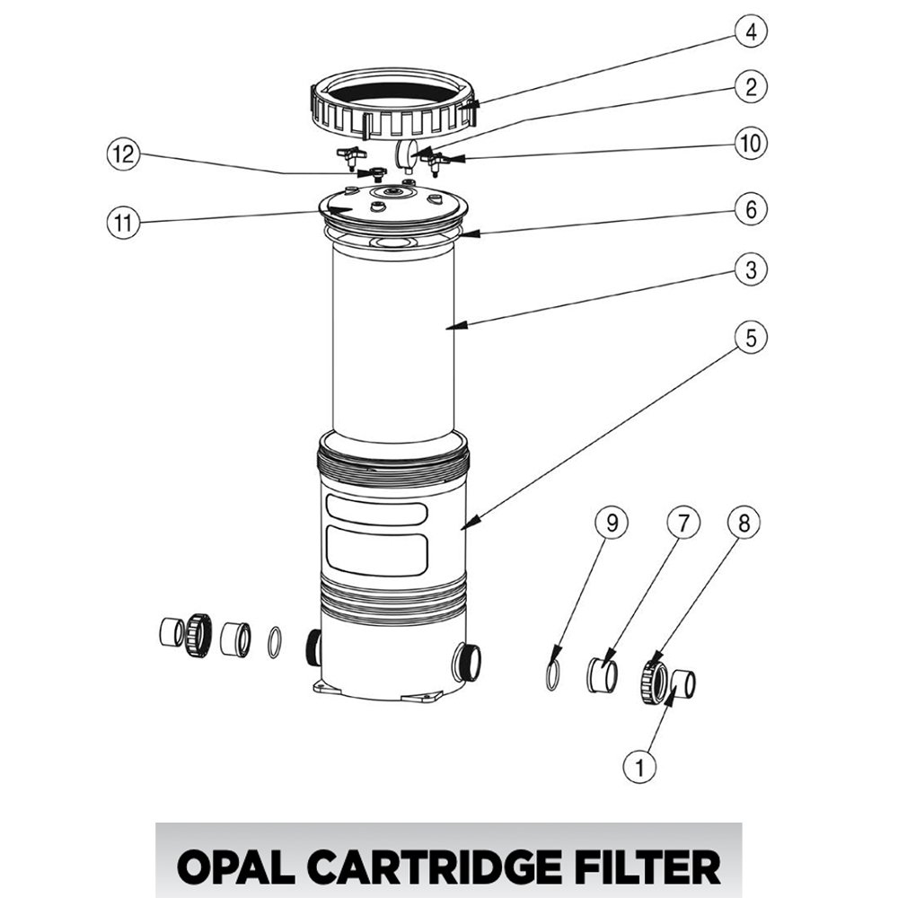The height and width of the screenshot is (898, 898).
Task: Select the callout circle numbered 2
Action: [x=751, y=87]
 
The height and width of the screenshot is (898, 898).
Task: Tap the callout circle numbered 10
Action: [x=751, y=143]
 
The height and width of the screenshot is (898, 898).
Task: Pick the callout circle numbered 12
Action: [x=122, y=154]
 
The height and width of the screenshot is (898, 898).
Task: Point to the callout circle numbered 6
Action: [x=751, y=210]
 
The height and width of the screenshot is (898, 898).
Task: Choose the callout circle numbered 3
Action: [x=751, y=269]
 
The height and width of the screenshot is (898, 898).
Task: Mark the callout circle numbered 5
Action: [x=751, y=338]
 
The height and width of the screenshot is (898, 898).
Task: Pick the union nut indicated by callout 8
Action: [x=653, y=682]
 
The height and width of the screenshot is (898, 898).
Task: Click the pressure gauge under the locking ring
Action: [x=407, y=153]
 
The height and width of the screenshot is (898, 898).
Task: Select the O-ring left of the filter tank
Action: [x=276, y=643]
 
